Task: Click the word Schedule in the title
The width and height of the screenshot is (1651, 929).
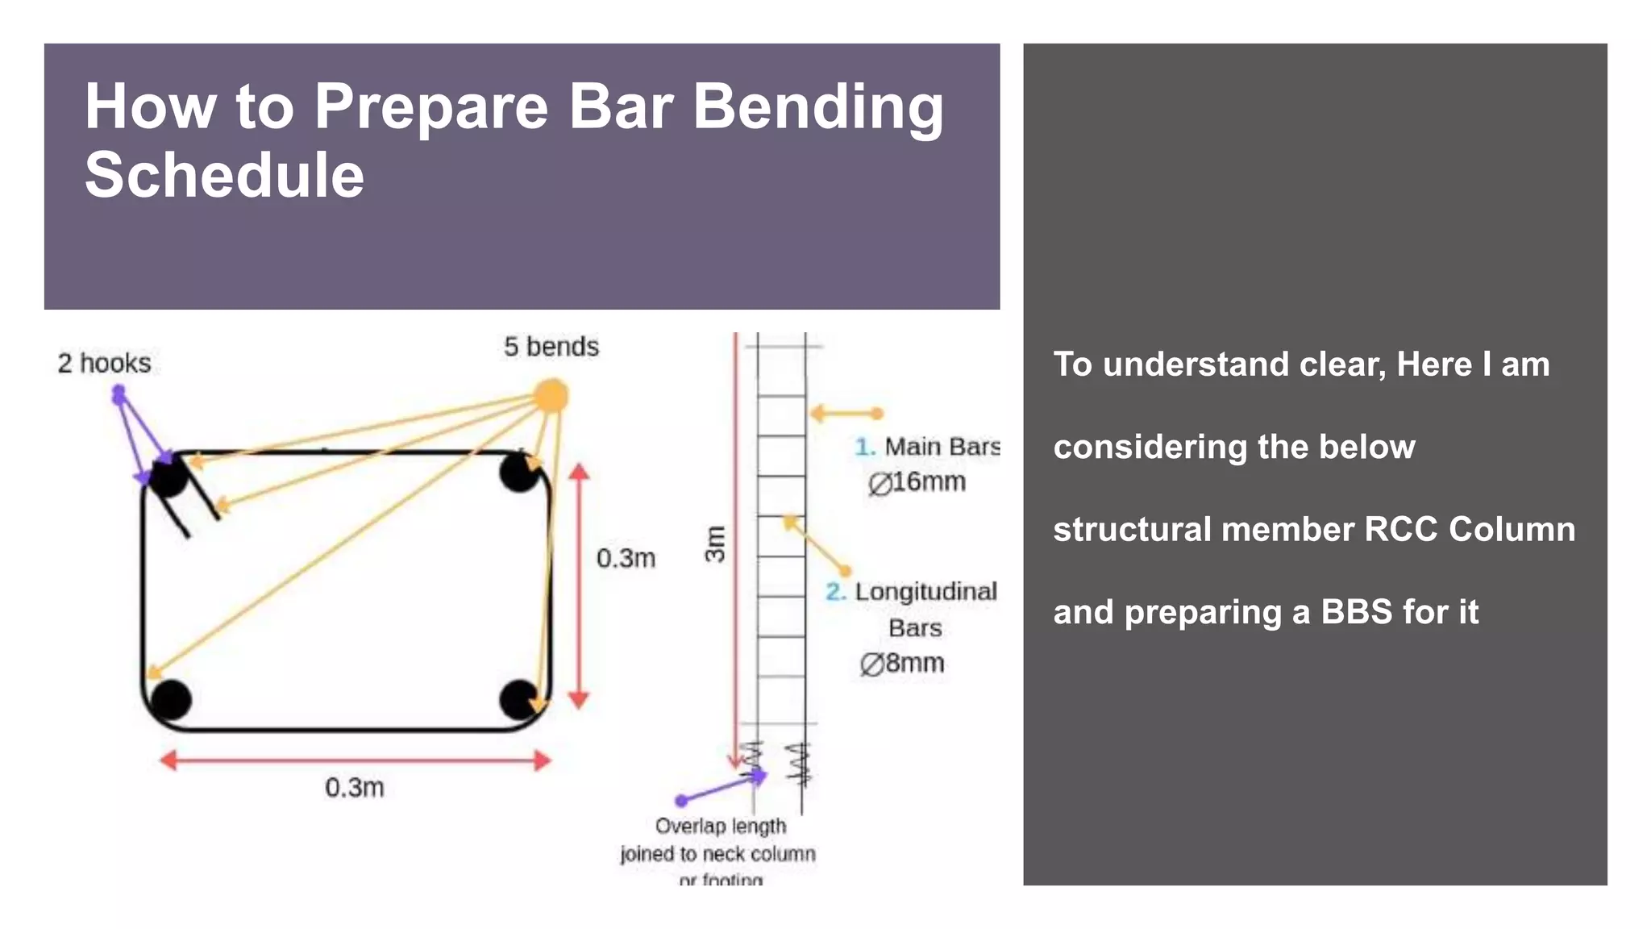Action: [225, 176]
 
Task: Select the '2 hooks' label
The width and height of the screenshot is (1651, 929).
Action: [104, 364]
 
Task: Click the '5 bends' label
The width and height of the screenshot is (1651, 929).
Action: [551, 347]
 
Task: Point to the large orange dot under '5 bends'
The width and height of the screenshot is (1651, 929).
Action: [551, 396]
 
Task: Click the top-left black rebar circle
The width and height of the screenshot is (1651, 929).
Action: [168, 476]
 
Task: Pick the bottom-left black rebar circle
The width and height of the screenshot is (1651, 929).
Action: [171, 699]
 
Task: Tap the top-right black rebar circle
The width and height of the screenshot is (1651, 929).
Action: [519, 473]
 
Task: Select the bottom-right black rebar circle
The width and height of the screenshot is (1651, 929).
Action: [519, 699]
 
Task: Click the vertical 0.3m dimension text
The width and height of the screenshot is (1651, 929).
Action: [626, 558]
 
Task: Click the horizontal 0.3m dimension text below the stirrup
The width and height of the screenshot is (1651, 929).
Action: [355, 787]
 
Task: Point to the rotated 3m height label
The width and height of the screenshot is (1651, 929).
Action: [715, 544]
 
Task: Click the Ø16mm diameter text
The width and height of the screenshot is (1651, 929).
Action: [917, 482]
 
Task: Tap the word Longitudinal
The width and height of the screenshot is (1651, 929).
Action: [925, 592]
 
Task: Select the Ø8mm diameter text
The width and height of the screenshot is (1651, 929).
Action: [902, 664]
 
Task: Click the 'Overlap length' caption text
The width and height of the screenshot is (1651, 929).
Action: [721, 827]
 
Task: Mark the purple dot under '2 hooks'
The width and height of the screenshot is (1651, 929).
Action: [119, 394]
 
